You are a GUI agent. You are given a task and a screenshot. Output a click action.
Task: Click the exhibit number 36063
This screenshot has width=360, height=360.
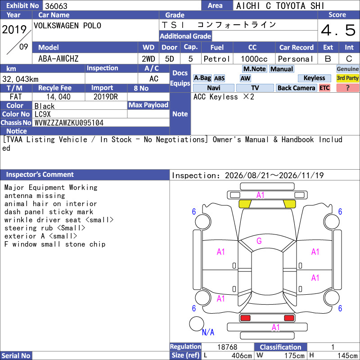56,6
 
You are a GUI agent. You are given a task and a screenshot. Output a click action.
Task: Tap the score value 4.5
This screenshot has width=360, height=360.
338,30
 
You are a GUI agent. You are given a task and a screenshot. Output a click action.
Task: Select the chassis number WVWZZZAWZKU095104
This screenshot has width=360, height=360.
69,123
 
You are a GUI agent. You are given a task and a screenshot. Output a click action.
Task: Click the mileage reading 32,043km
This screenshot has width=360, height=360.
20,79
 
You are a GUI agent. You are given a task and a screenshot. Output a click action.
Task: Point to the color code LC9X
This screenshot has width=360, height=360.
42,114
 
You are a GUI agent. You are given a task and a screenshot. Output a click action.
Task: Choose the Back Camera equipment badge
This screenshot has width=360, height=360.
296,88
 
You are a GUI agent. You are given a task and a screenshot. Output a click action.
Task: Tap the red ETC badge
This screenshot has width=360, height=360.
324,88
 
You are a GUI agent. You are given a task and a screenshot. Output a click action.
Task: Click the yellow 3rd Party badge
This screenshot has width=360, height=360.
347,78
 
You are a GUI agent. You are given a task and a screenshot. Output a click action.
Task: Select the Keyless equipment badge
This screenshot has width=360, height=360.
314,78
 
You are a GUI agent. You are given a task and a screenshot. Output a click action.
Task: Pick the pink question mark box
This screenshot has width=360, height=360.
347,88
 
